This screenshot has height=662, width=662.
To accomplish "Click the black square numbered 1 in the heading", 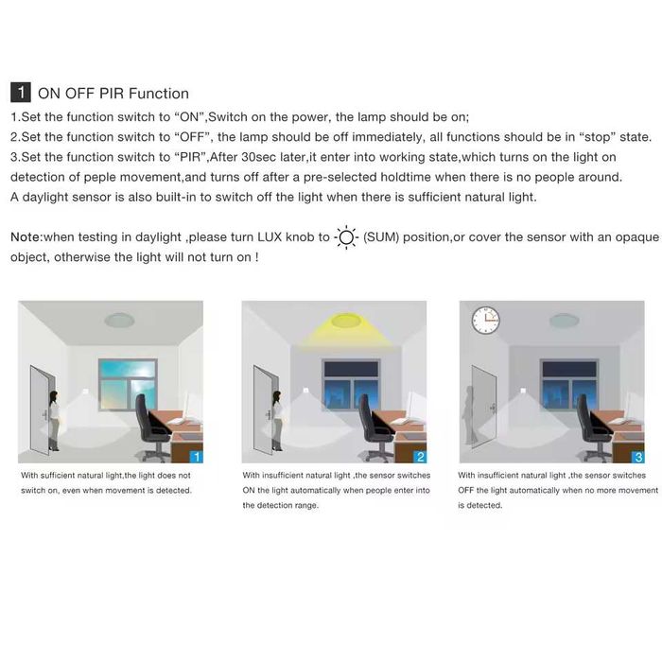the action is [x=20, y=93].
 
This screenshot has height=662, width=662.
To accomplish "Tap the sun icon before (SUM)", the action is [x=346, y=237].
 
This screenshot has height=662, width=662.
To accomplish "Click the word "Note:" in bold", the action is [x=26, y=236].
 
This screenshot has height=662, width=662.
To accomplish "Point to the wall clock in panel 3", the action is [x=485, y=320].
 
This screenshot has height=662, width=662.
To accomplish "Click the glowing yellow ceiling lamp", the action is [x=346, y=320].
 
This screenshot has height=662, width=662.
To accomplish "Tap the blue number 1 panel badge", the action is [x=197, y=457].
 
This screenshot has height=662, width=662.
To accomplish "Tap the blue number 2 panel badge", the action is [x=420, y=457].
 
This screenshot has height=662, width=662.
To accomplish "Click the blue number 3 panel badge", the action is [x=638, y=457].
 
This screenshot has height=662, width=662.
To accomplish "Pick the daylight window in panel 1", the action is [x=128, y=385].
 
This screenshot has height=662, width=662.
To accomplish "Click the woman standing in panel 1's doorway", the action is [x=54, y=421].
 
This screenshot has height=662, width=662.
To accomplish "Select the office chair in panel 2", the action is [x=374, y=427].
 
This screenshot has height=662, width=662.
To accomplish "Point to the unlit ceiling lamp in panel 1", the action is [x=119, y=320].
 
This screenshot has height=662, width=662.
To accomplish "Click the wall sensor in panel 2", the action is [x=305, y=391].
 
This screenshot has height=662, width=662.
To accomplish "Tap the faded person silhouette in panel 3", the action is [x=469, y=415].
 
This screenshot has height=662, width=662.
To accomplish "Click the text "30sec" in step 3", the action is [x=258, y=157].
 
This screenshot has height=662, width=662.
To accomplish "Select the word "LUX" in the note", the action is [x=270, y=236].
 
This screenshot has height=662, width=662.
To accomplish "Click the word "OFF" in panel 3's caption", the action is [x=465, y=490].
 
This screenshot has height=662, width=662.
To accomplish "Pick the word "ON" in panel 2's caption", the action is [x=249, y=490].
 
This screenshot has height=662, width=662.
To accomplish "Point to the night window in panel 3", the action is [x=569, y=385].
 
